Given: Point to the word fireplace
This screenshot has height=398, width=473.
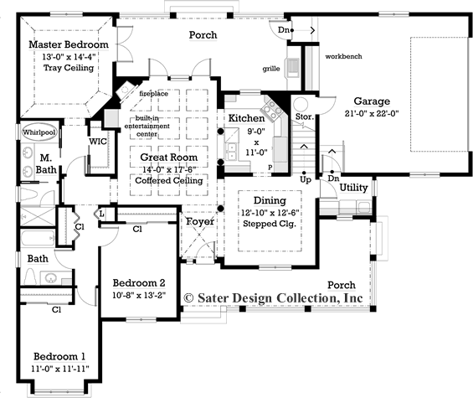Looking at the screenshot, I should [153, 95].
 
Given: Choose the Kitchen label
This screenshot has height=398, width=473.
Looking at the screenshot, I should [246, 119].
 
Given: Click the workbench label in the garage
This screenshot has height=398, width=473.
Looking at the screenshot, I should [344, 55].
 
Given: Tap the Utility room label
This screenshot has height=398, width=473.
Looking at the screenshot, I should [354, 188].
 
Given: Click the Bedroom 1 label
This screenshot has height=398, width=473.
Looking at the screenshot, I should [59, 356].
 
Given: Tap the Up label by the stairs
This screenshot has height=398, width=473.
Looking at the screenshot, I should [306, 179].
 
